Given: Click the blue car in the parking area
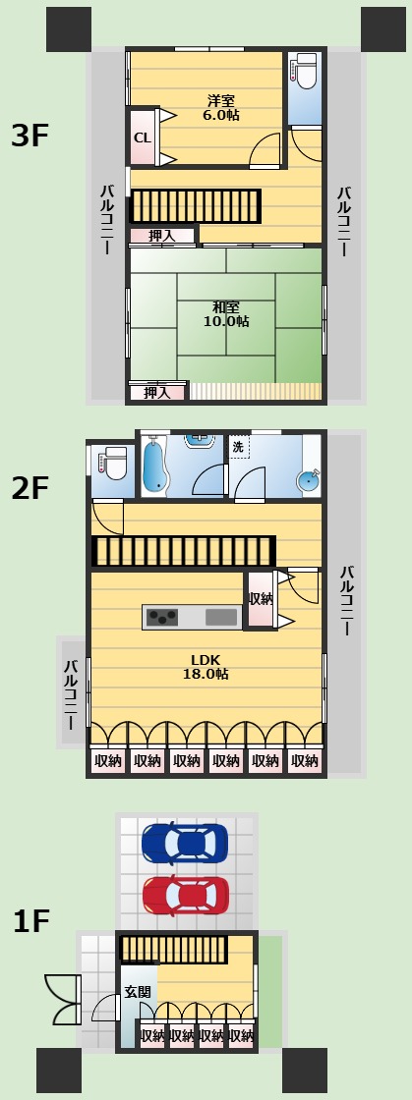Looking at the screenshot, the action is [185, 843].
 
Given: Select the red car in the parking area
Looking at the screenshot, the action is [185, 896].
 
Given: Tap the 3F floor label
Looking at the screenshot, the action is [29, 137].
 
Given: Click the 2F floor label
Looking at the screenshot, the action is [29, 489].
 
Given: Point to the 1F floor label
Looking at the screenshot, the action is [31, 921].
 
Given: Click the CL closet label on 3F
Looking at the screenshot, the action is [143, 138].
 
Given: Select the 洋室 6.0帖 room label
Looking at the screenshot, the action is [220, 107].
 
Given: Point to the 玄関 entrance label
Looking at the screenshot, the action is [137, 993].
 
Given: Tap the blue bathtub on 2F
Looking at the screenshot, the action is [155, 467].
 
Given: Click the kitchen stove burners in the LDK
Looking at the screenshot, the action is [162, 618].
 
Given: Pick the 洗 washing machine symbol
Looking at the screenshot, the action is [238, 447].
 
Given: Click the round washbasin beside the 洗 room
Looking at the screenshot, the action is [308, 480].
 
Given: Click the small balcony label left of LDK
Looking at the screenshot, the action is [71, 692].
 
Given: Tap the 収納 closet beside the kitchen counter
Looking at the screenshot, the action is [261, 600].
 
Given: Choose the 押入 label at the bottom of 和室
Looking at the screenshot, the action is [157, 393].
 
